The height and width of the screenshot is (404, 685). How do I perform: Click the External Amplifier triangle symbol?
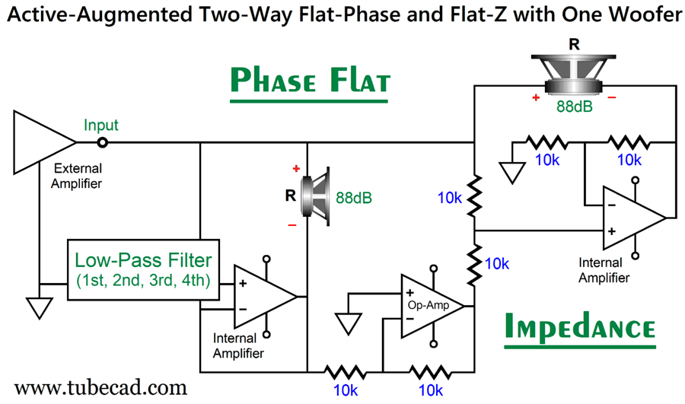pos(42,142)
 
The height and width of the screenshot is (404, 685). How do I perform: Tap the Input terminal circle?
pos(102,142)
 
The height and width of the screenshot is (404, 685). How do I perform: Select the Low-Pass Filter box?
pos(145,265)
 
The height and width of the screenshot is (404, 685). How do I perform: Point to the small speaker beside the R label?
pos(315,198)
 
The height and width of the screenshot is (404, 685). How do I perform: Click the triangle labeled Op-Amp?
pos(430,305)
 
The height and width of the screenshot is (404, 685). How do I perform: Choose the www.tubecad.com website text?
pos(100,387)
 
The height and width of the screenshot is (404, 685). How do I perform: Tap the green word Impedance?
pos(579,327)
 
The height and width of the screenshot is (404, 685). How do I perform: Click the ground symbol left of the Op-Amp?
pos(349,323)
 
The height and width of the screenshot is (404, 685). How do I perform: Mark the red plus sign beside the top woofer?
pos(537,98)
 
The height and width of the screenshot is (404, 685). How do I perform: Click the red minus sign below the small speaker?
pos(292,225)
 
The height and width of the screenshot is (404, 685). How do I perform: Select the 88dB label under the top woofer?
pos(574,107)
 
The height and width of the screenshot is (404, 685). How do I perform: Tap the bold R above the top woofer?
pos(574,44)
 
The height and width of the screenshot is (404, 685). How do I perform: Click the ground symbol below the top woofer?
pos(512,172)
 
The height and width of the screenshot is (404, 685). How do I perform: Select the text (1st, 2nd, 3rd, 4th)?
pos(145,280)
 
